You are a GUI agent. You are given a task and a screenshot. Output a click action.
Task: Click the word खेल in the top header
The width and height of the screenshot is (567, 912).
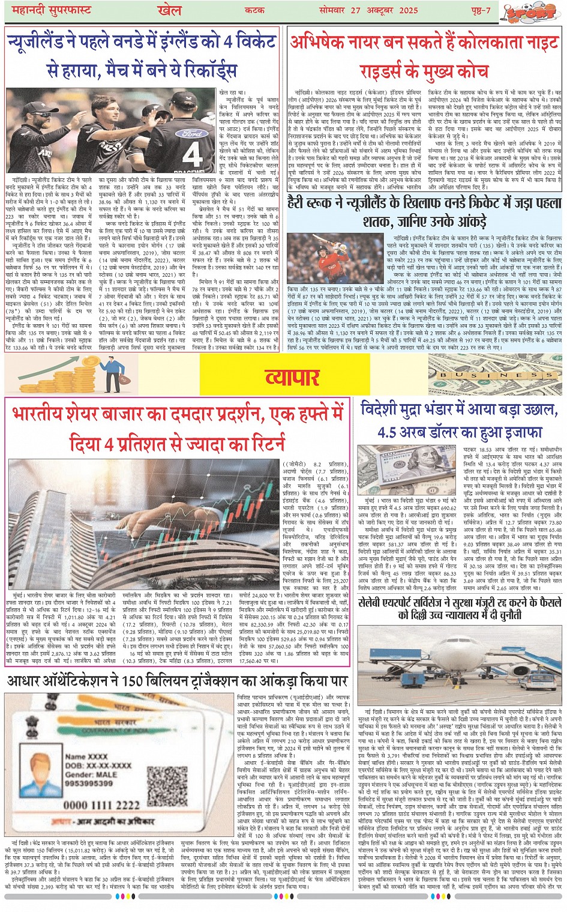pyautogui.click(x=169, y=10)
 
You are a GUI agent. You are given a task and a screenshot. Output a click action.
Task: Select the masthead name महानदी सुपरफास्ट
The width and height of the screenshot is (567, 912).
pyautogui.click(x=49, y=11)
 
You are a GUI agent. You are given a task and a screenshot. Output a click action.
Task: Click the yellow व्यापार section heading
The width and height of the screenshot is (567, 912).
pyautogui.click(x=292, y=377)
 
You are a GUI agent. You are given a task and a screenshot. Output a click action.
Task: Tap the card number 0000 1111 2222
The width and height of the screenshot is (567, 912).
pyautogui.click(x=102, y=805)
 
